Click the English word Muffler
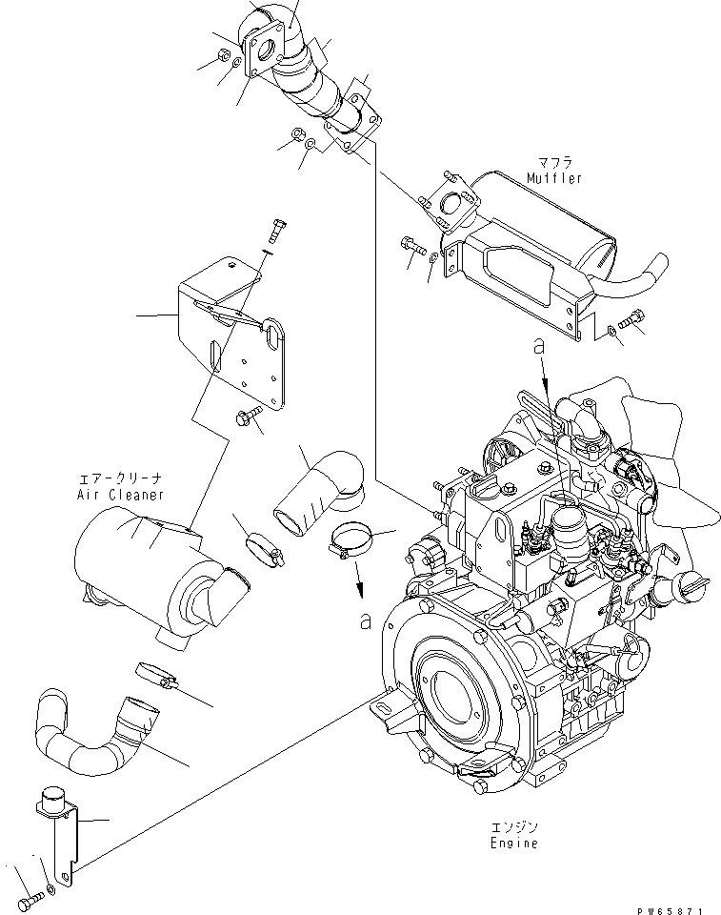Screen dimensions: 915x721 553,178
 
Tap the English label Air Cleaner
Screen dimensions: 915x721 121,495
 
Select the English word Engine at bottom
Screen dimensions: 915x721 515,844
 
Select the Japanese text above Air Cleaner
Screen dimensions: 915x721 121,480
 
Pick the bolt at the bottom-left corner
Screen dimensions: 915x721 31,895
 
